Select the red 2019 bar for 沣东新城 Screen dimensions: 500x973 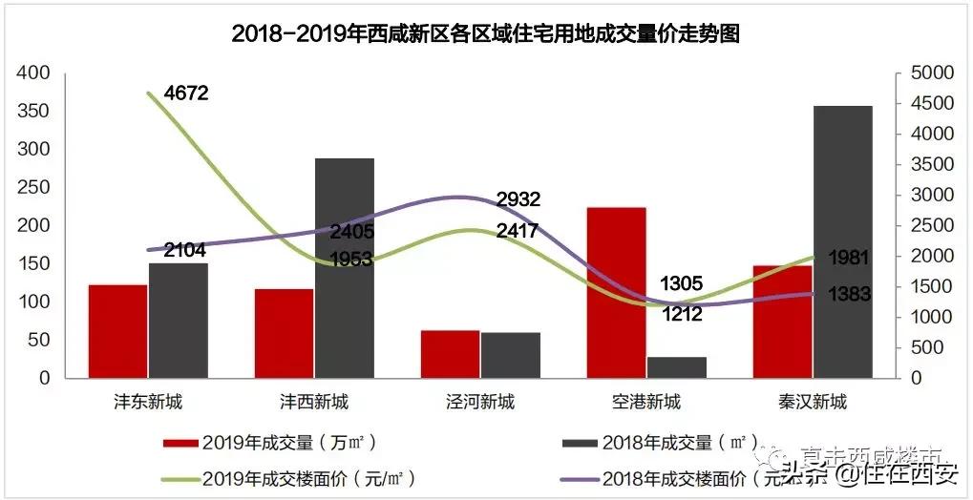[x=118, y=331]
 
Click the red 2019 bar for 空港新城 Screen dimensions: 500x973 [x=616, y=292]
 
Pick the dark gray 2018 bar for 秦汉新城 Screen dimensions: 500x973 [x=842, y=241]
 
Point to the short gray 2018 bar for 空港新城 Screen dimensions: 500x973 [x=677, y=367]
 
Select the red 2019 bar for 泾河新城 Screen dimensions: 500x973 [x=450, y=354]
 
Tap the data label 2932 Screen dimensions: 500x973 [x=518, y=199]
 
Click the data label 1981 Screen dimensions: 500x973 [x=848, y=258]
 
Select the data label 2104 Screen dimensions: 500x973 [x=184, y=250]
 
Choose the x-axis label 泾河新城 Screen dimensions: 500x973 [x=480, y=402]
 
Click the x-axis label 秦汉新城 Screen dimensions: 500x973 [x=812, y=402]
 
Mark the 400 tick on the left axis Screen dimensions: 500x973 [x=33, y=73]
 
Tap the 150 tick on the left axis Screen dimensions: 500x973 [x=33, y=263]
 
